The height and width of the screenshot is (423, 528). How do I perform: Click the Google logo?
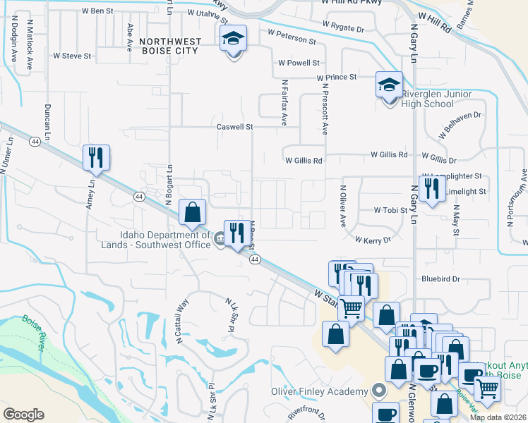[23, 415]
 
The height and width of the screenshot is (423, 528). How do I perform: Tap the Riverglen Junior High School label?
[427, 99]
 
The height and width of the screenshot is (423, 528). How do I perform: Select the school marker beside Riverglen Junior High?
[389, 86]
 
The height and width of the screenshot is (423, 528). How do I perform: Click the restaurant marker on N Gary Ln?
[431, 188]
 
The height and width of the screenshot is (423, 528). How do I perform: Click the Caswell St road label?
[234, 128]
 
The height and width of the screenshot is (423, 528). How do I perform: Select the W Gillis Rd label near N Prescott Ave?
[304, 161]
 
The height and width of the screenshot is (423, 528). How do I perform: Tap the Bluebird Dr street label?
[440, 279]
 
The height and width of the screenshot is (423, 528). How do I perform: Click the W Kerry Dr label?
[373, 240]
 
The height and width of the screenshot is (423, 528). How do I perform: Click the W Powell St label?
[299, 63]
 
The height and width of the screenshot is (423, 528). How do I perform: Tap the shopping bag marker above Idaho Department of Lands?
[192, 211]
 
